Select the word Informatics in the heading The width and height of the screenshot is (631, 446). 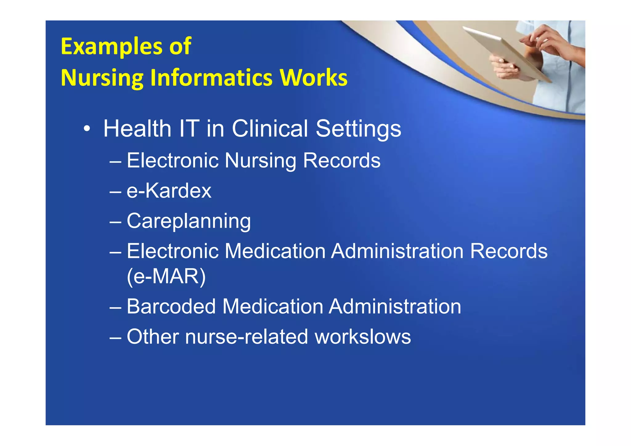click(211, 78)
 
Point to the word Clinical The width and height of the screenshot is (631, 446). click(270, 128)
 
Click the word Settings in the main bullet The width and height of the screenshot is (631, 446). click(358, 129)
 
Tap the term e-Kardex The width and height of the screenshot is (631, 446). click(169, 191)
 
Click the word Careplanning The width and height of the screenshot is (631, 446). click(189, 221)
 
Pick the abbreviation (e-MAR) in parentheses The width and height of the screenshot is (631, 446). click(166, 276)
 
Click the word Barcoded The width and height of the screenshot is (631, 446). click(171, 306)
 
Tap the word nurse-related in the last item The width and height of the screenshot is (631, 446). click(246, 336)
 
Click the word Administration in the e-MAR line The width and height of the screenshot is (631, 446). click(397, 251)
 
